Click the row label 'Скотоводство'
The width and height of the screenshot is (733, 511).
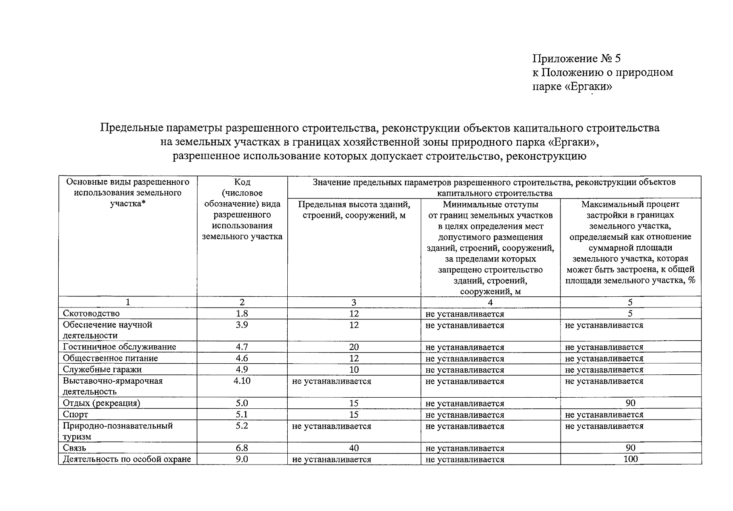(x=91, y=313)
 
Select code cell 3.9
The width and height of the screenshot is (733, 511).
(x=242, y=325)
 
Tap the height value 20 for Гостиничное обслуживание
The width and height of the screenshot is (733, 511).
(x=354, y=347)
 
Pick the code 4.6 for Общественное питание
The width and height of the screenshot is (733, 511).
(x=242, y=358)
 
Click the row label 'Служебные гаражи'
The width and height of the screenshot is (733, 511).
(x=102, y=369)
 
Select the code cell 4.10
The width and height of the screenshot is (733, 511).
(x=242, y=381)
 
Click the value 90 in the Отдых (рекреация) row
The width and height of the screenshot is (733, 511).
(x=630, y=403)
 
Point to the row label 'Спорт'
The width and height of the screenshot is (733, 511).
(x=75, y=414)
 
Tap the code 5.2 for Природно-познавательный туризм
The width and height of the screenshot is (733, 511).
(x=242, y=426)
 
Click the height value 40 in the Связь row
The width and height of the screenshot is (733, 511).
(x=354, y=448)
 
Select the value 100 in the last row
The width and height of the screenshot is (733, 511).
(x=630, y=459)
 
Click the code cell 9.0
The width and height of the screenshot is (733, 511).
(x=242, y=459)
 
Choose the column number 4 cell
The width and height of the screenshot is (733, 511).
(x=490, y=302)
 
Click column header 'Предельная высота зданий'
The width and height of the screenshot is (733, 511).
(x=354, y=210)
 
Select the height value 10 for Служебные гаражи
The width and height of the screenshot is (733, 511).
(x=354, y=370)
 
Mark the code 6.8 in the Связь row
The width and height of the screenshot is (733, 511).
(x=242, y=448)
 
